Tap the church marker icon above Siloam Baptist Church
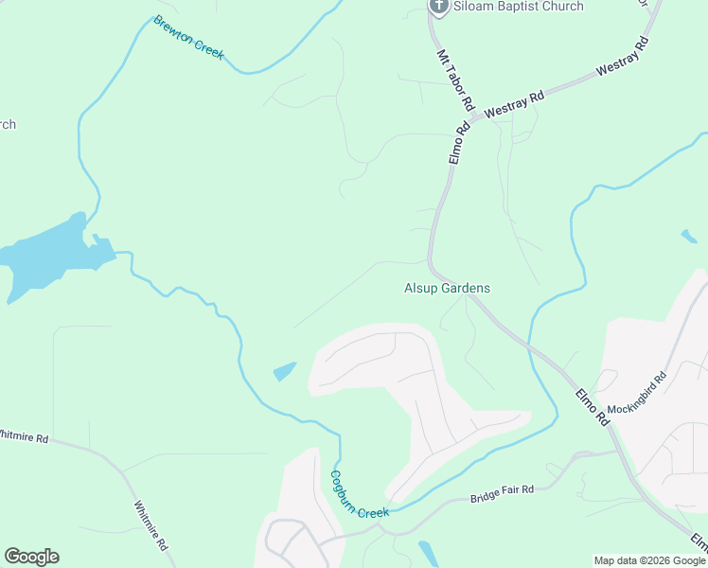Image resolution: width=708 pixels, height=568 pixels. [x=438, y=7]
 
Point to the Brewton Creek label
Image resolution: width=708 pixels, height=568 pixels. [x=189, y=38]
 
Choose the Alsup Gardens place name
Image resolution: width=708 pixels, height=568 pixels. [x=448, y=288]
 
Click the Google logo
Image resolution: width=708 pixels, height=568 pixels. [x=31, y=557]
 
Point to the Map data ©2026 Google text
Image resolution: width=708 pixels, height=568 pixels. [x=649, y=560]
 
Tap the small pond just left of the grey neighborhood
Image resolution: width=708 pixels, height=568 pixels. [x=285, y=371]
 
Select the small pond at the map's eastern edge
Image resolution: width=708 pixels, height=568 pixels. [x=688, y=236]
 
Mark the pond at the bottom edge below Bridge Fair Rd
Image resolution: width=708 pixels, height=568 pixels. [x=428, y=553]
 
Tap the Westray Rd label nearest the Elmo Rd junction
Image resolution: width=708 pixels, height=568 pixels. [x=515, y=104]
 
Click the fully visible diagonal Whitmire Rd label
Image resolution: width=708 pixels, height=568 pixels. [x=151, y=524]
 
